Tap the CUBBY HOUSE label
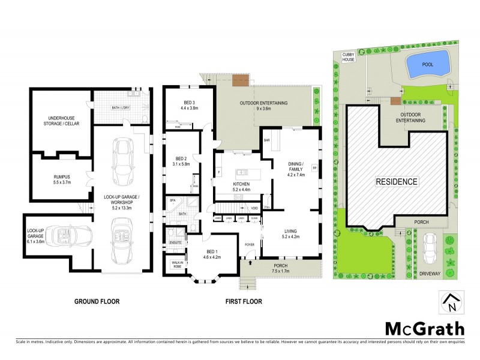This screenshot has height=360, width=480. pos(349,57)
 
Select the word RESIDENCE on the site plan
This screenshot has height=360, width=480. pos(397,181)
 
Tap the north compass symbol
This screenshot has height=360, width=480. pos(450,303)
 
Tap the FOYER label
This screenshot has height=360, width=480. pos(250,244)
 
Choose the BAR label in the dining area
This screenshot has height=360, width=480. pos(267,140)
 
